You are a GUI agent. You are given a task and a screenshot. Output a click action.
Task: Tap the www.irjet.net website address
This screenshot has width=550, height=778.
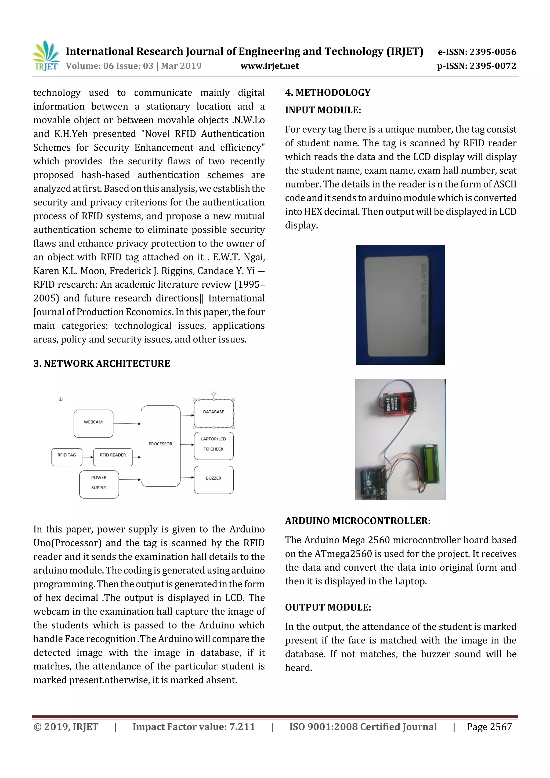click(x=269, y=66)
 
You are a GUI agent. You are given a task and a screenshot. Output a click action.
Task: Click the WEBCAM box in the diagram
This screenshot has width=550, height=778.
click(x=93, y=423)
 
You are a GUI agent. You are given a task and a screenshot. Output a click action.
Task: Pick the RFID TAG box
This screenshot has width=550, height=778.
click(x=67, y=457)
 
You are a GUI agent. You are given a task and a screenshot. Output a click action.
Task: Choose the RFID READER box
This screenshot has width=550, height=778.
click(x=113, y=457)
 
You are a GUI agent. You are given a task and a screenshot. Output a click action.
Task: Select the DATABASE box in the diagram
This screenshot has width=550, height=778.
click(x=214, y=413)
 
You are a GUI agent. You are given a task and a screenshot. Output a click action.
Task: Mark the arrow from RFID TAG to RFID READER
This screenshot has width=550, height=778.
click(x=88, y=457)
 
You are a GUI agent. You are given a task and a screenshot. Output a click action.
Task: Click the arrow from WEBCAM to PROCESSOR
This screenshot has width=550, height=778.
click(x=127, y=424)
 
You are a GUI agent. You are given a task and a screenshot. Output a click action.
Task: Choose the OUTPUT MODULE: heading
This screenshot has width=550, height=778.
click(x=328, y=607)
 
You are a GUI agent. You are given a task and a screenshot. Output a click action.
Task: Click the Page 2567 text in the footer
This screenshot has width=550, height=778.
click(x=489, y=726)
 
